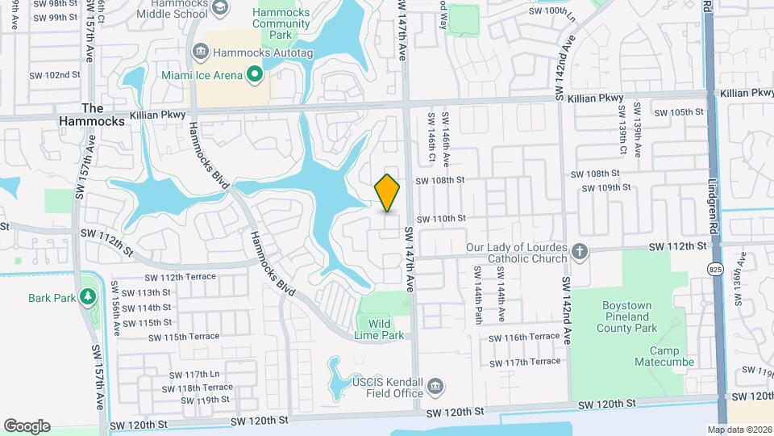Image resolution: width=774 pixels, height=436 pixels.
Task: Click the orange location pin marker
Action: (x=388, y=192)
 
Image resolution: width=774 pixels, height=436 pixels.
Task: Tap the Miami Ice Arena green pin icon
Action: (x=256, y=76)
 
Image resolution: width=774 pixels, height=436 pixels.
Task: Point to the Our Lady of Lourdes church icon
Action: (x=579, y=251)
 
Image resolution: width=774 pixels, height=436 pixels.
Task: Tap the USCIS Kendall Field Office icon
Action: (x=436, y=387)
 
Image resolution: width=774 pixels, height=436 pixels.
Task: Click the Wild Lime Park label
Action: (x=381, y=329)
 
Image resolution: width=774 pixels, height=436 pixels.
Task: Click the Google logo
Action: (x=27, y=426)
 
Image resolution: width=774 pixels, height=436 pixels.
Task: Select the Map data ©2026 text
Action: (x=739, y=430)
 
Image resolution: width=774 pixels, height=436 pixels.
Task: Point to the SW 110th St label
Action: (x=441, y=218)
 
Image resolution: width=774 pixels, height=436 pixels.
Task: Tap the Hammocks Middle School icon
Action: (x=219, y=6)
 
